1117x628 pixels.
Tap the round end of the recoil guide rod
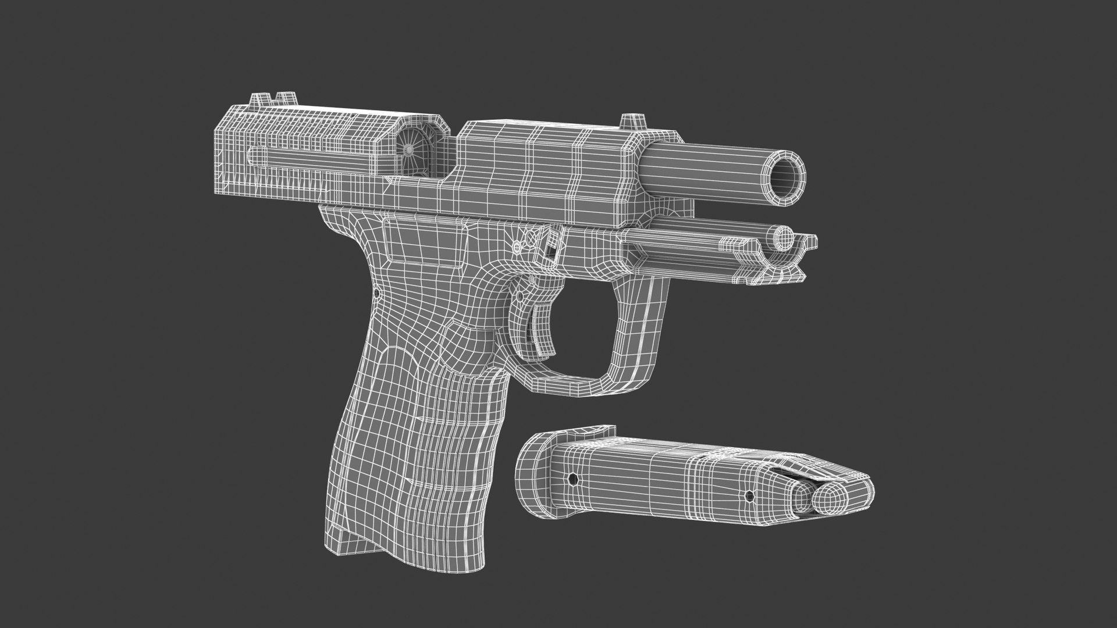(x=785, y=236)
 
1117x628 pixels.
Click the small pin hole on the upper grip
(x=377, y=294)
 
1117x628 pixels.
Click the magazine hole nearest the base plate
(x=573, y=480)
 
